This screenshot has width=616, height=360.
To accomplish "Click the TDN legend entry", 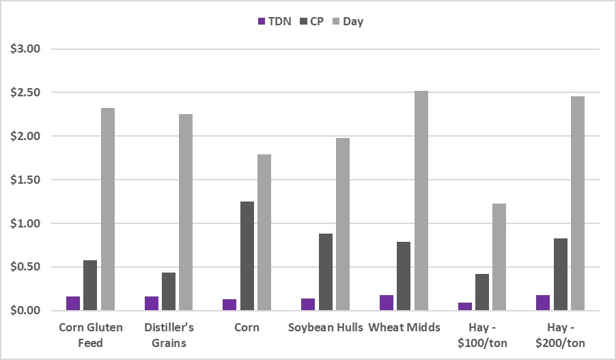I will (274, 21).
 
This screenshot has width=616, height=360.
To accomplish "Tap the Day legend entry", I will (348, 21).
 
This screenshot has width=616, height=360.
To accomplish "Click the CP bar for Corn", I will (247, 256).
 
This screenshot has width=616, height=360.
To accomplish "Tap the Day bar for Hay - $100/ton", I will (499, 257).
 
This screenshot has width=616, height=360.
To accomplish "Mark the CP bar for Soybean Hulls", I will (325, 272).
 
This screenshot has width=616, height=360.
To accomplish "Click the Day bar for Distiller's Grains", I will (186, 212).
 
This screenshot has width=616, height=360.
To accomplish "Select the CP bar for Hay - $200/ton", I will (560, 274).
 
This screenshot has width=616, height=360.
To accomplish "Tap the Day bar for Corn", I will (264, 232).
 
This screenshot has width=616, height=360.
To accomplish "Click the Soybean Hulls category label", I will (325, 327).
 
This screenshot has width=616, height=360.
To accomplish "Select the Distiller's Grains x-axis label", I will (169, 334).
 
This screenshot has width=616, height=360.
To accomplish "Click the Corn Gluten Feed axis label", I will (91, 334).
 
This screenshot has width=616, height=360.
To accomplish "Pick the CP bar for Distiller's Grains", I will (169, 292).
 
